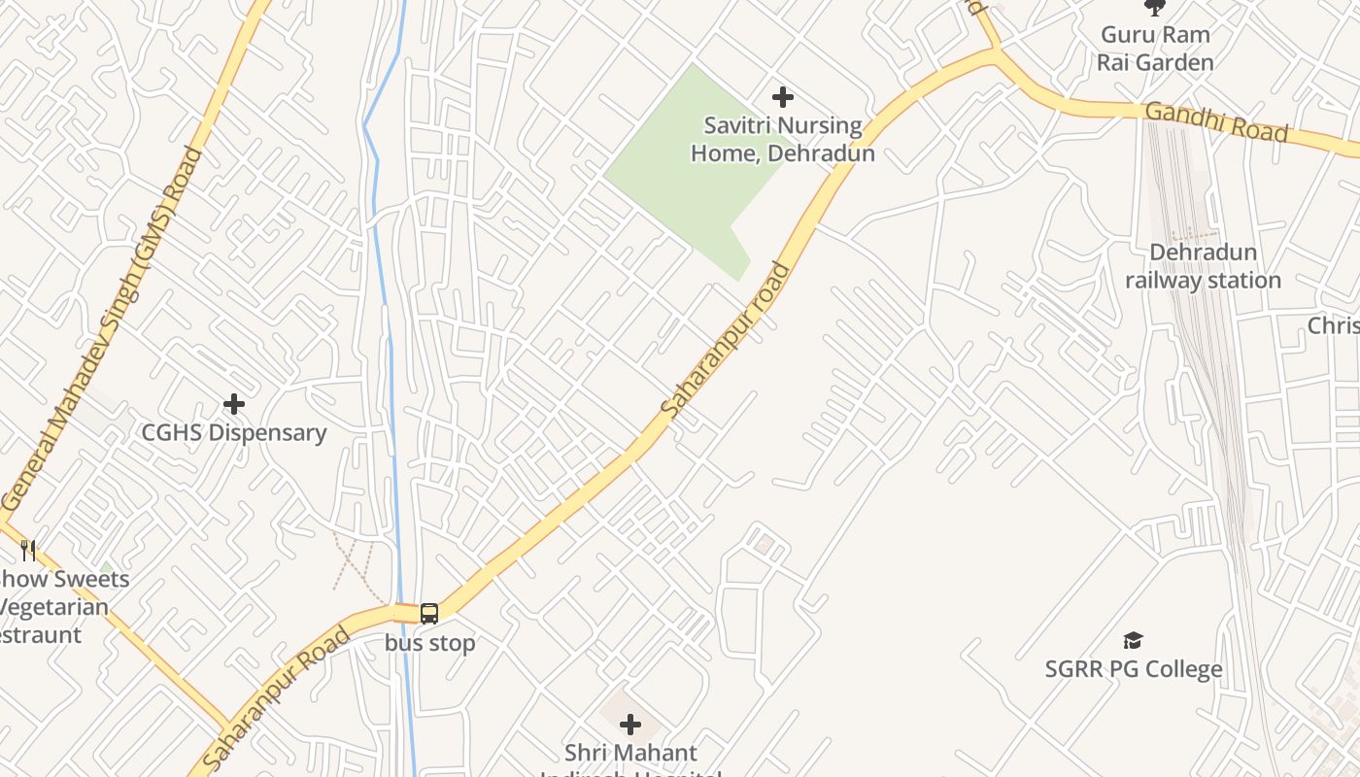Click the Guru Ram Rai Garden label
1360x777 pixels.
(x=1155, y=49)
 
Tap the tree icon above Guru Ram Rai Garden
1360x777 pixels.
(x=1155, y=8)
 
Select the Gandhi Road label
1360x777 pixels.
(x=1216, y=121)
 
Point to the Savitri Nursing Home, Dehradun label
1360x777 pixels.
(x=783, y=139)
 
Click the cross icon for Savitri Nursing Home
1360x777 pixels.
(x=782, y=97)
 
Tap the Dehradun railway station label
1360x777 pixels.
(x=1203, y=266)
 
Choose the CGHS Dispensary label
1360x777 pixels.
(x=234, y=432)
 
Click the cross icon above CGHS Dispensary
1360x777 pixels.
(x=234, y=403)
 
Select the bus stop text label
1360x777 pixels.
(x=429, y=643)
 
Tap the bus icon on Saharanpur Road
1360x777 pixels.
(x=429, y=614)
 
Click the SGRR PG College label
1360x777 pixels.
(x=1134, y=669)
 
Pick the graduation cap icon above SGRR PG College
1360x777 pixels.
(x=1133, y=640)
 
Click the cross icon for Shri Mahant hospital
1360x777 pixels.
(x=630, y=725)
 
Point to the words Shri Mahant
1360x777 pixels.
(x=630, y=753)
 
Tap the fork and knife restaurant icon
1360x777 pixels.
(x=28, y=551)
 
